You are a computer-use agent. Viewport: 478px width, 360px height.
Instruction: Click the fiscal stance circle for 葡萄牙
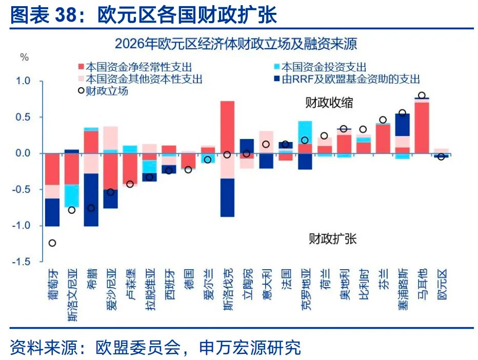click(x=52, y=243)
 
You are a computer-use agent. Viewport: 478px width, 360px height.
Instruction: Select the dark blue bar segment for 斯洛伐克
click(x=227, y=197)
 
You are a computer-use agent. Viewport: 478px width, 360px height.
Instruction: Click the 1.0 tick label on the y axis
click(x=24, y=82)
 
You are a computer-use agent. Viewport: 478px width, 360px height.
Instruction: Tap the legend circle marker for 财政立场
click(x=80, y=91)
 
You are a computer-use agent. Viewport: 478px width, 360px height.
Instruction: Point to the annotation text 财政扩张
click(x=332, y=238)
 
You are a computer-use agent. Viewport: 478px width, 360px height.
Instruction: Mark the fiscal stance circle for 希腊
click(x=91, y=208)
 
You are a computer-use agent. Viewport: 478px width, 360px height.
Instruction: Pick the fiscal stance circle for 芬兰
click(x=383, y=120)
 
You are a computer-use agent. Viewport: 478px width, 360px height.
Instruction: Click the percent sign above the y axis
click(x=24, y=57)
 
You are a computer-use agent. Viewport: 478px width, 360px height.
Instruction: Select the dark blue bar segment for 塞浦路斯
click(x=402, y=125)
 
